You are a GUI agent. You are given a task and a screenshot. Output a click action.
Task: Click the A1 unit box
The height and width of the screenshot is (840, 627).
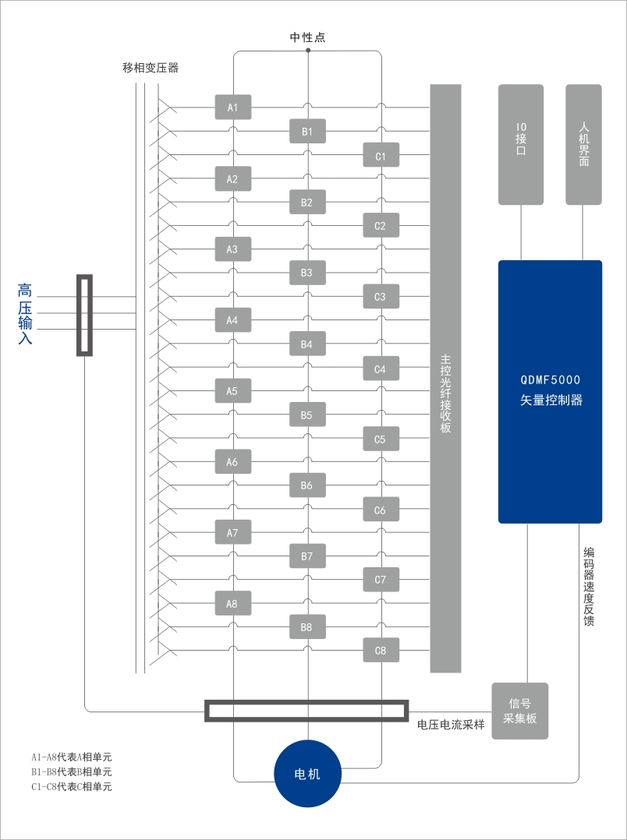tap(232, 108)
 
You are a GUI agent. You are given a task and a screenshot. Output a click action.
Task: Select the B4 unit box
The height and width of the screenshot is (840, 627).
tap(307, 344)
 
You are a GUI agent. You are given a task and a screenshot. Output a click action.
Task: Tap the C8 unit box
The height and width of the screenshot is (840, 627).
tap(381, 651)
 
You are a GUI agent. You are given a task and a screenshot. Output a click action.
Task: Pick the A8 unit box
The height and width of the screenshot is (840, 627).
tap(232, 603)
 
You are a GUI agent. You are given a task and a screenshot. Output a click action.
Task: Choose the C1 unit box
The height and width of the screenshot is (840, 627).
tap(381, 155)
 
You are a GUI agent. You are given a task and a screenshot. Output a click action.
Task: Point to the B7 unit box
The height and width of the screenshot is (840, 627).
tap(307, 556)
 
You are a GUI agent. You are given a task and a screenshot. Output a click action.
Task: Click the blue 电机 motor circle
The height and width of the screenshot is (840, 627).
tap(307, 774)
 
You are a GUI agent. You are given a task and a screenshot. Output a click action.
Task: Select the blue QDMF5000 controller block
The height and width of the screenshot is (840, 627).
tap(551, 392)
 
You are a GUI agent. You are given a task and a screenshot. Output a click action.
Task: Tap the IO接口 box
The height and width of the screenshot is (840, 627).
tap(521, 145)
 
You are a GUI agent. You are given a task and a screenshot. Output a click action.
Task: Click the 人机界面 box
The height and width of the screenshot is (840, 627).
tap(583, 145)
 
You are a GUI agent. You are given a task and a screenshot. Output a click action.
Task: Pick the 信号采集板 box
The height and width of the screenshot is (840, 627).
tap(519, 711)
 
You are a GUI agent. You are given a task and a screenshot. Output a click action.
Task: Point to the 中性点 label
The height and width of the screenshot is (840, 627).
tap(308, 37)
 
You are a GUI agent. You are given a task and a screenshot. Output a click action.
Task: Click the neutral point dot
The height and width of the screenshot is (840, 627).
tap(308, 51)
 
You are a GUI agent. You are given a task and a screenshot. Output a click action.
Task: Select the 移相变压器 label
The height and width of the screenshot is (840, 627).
tap(151, 68)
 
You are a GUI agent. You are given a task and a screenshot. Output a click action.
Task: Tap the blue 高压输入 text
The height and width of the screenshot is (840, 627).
tap(25, 314)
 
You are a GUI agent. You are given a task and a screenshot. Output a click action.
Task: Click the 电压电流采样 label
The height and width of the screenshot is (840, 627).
tap(451, 725)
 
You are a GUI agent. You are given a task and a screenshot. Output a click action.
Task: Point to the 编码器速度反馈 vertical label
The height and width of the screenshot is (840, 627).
tap(588, 587)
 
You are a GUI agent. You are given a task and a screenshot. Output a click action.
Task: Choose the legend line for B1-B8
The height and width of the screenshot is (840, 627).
tap(71, 772)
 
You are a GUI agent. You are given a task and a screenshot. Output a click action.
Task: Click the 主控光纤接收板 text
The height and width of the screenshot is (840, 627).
tap(446, 394)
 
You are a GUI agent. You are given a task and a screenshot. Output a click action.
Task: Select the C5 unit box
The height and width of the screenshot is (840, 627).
tap(381, 439)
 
